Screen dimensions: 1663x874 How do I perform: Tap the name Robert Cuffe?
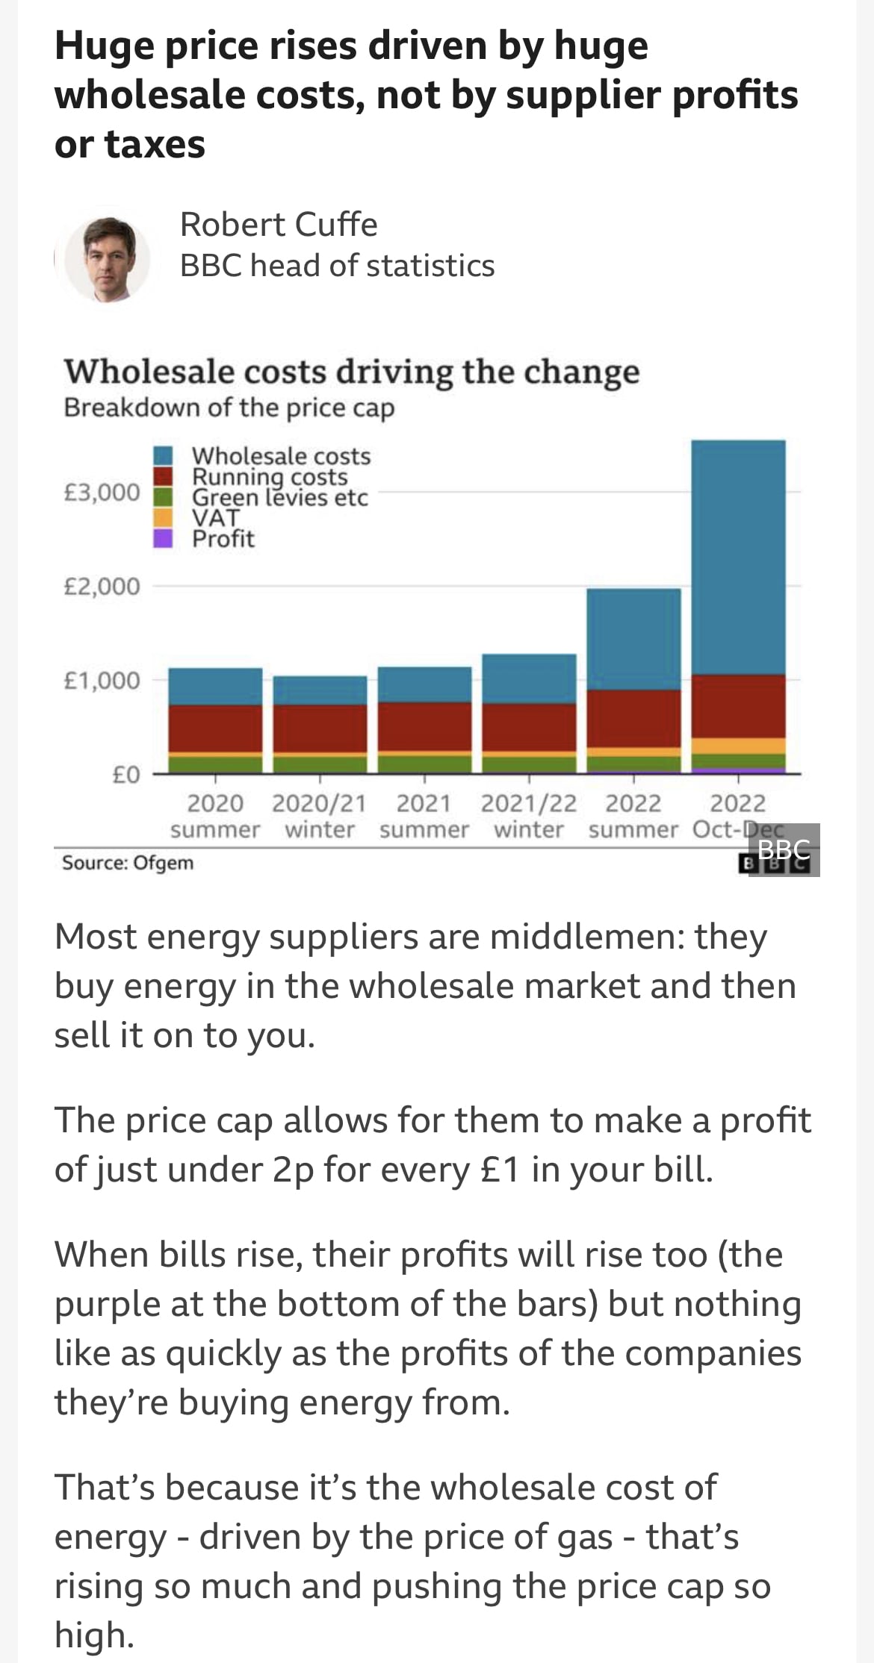[x=279, y=225]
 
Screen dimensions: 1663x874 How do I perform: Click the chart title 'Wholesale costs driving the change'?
[x=351, y=372]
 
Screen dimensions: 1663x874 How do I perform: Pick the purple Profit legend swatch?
[x=163, y=538]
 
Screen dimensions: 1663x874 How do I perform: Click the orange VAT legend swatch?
[x=163, y=517]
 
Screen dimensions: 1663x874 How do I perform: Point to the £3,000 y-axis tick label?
[x=102, y=493]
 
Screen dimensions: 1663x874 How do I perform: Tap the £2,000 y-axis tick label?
[x=102, y=587]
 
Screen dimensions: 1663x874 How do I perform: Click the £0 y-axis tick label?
[x=125, y=775]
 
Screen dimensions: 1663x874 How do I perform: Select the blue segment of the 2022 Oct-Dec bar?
[x=738, y=556]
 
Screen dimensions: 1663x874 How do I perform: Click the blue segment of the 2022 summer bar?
[x=633, y=638]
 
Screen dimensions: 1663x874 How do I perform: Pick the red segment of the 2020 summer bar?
[x=215, y=728]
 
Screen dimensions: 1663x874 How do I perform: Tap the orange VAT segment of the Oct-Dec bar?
[x=738, y=746]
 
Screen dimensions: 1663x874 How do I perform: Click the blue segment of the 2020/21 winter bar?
[x=320, y=690]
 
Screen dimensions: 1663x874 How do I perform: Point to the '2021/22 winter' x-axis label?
[x=529, y=816]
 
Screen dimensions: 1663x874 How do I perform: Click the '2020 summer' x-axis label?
[x=215, y=816]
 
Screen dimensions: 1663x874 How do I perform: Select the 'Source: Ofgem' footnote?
[x=128, y=863]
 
